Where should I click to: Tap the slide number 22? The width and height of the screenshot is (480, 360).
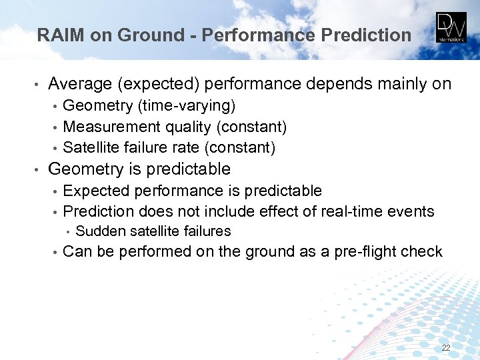(446, 348)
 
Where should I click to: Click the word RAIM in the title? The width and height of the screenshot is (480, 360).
(60, 35)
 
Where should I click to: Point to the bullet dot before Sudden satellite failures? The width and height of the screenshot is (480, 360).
(69, 232)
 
